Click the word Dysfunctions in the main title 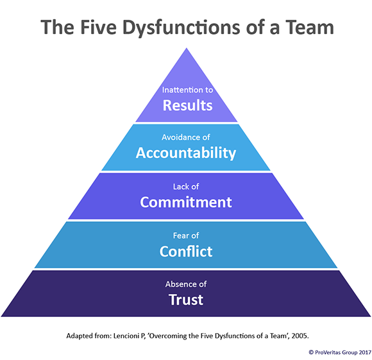pos(182,28)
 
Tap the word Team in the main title pos(310,28)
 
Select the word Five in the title pos(99,28)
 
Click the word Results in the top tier pos(187,105)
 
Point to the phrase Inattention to pos(187,90)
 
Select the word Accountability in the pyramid pos(186,153)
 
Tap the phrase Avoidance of pos(186,137)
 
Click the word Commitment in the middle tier pos(186,202)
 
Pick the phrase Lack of pos(186,187)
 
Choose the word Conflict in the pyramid pos(186,252)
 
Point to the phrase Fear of pos(186,236)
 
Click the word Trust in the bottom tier pos(186,300)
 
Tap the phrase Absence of pos(186,284)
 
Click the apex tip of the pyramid pos(187,48)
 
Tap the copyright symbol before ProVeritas pos(311,352)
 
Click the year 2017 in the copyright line pos(365,352)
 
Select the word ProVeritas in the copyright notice pos(328,352)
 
